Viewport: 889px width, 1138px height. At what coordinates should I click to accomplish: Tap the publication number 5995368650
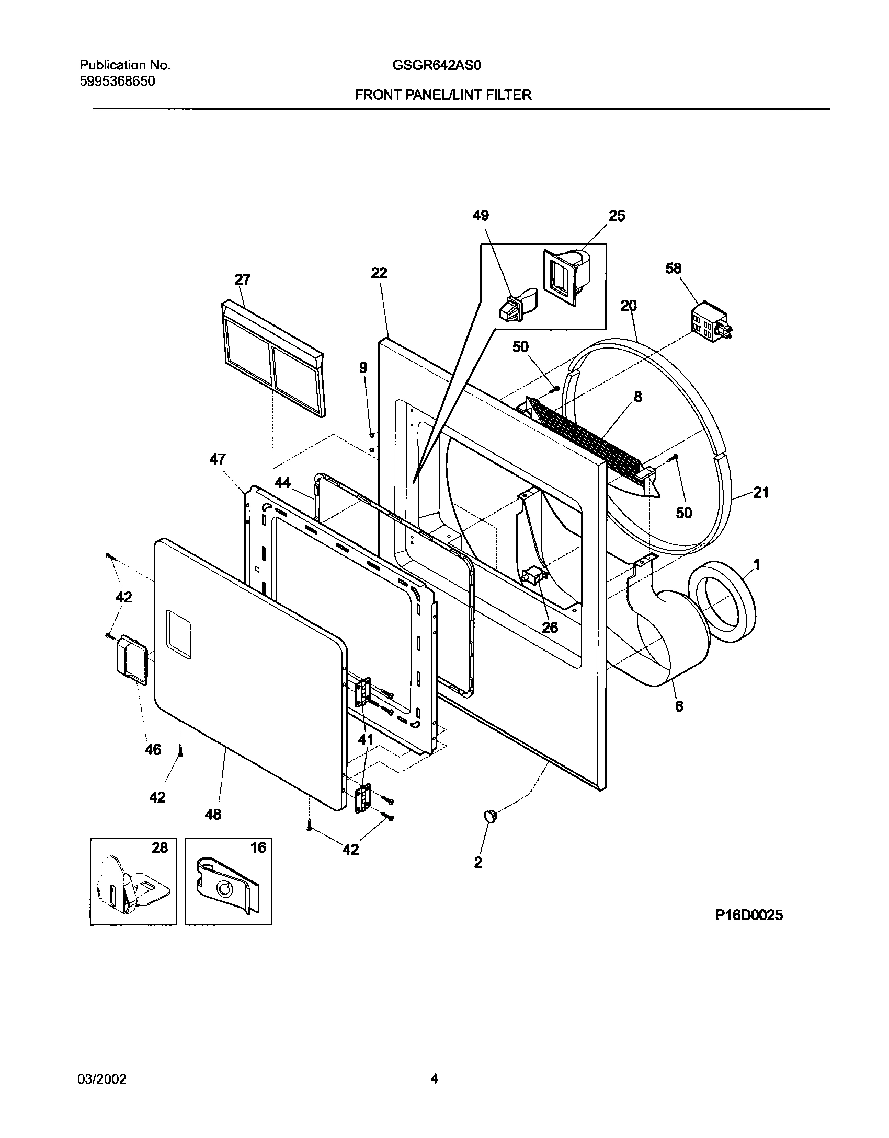(117, 82)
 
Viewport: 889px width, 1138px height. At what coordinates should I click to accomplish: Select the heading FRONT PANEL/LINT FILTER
(443, 95)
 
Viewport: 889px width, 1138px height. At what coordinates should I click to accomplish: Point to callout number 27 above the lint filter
(242, 280)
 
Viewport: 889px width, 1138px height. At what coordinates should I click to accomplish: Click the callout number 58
(674, 269)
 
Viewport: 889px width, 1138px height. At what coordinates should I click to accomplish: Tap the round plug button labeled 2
(490, 816)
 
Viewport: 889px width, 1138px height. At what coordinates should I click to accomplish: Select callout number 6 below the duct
(679, 706)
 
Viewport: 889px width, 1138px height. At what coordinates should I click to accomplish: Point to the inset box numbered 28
(133, 881)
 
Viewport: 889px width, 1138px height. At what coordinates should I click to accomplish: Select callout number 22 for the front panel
(379, 273)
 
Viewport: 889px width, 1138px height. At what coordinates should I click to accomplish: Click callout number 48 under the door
(213, 814)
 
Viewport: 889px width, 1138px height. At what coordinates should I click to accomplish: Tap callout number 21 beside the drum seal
(761, 492)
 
